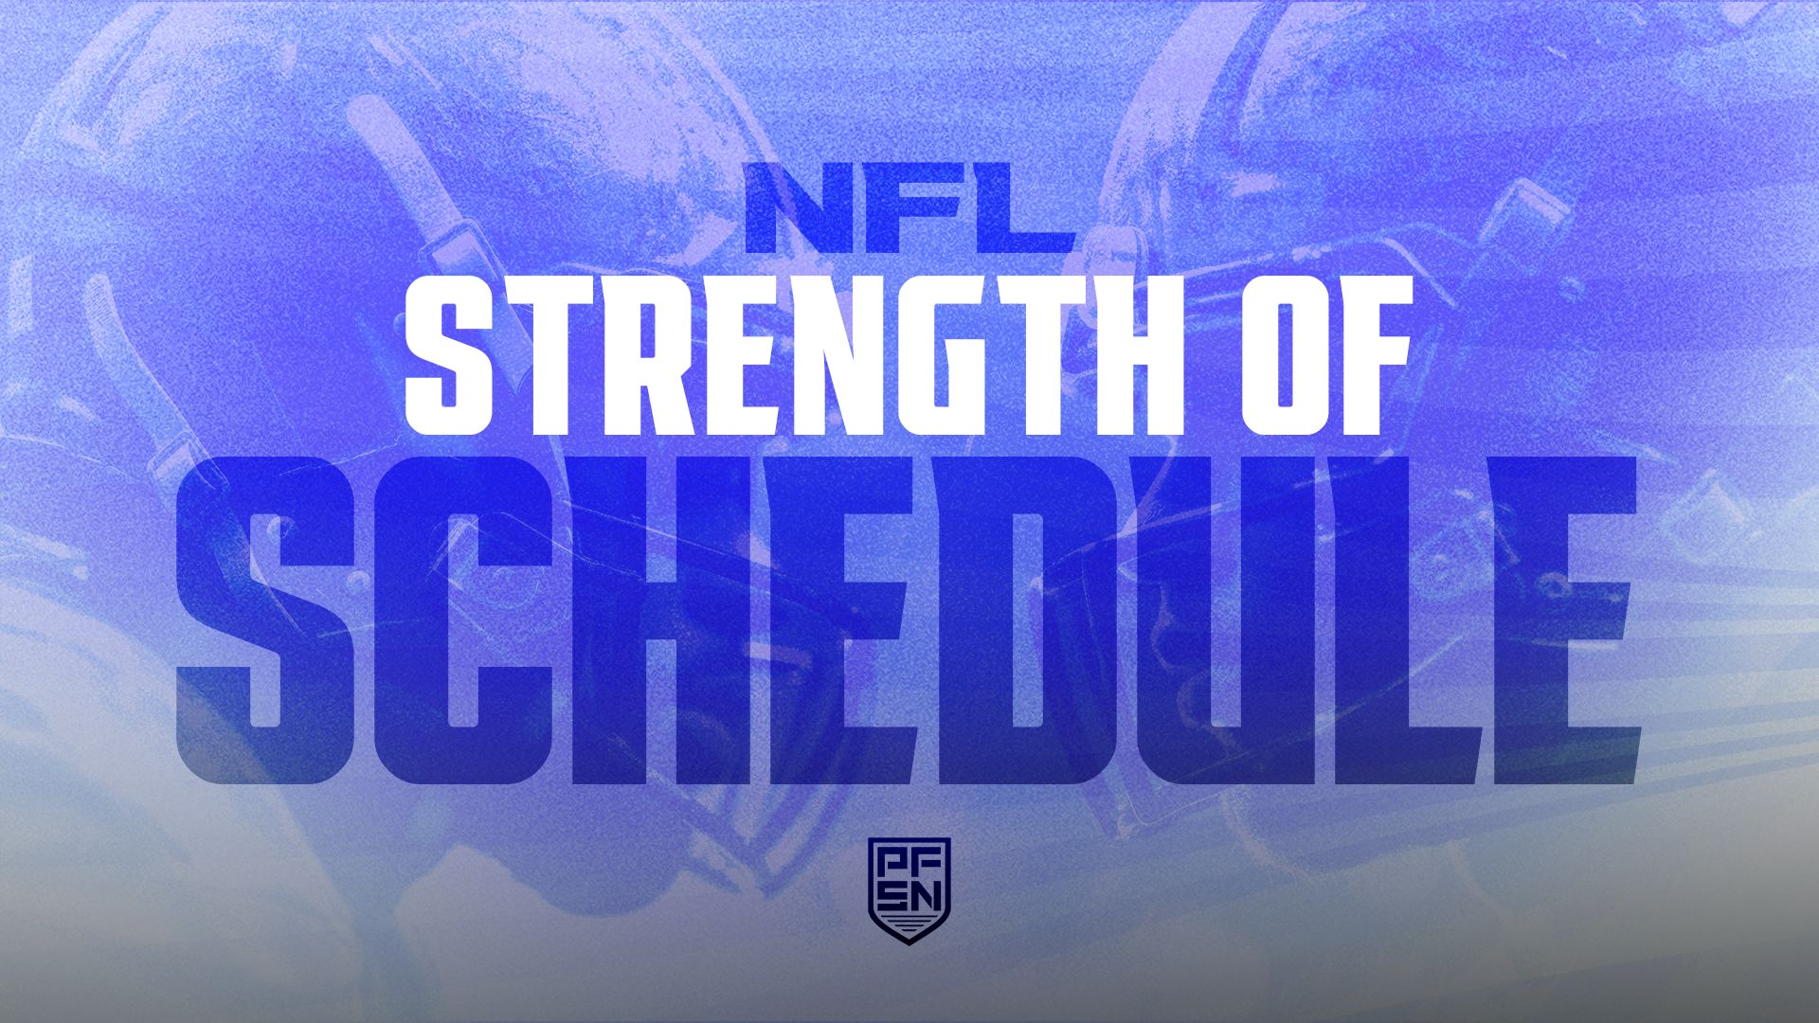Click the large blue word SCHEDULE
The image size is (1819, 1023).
pyautogui.click(x=908, y=620)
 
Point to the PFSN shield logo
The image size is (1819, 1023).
pyautogui.click(x=909, y=889)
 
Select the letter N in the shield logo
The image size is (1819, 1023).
pyautogui.click(x=927, y=894)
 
